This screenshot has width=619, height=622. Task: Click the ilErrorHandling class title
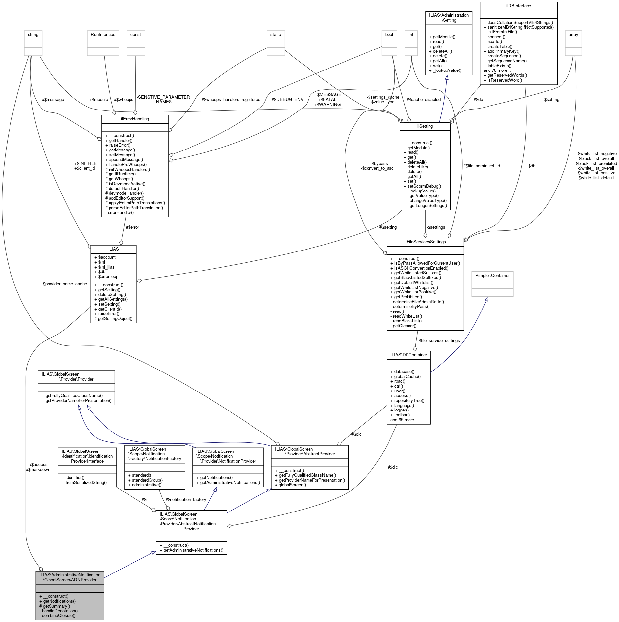[135, 119]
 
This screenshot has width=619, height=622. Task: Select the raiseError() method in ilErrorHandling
[119, 145]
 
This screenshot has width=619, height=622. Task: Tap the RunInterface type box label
[103, 35]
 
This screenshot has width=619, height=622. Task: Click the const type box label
[136, 35]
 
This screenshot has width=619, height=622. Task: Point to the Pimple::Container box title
[492, 276]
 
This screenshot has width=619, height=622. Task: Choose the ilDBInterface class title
[518, 6]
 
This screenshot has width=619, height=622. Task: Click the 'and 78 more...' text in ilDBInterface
[497, 70]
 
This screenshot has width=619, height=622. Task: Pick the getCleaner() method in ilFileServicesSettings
[405, 326]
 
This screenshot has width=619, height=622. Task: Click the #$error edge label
[132, 227]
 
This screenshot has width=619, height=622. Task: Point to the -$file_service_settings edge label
[438, 341]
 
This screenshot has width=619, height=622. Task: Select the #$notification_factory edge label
[186, 500]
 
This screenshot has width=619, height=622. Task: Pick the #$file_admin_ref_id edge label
[481, 166]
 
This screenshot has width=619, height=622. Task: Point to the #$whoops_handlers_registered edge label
[231, 100]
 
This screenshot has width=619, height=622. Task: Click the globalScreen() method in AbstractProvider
[292, 485]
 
